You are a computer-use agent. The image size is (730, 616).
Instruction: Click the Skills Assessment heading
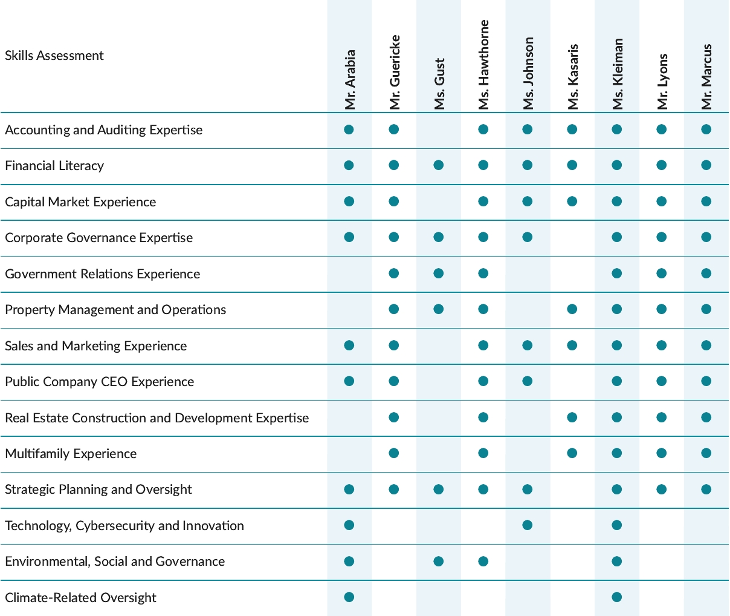click(x=54, y=56)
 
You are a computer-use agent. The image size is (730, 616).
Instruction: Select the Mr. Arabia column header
click(x=350, y=80)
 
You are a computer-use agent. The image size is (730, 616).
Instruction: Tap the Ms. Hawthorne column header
click(x=483, y=65)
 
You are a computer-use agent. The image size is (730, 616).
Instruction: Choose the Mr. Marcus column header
click(x=706, y=77)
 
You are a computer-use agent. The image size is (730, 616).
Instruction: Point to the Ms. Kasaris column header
click(x=573, y=77)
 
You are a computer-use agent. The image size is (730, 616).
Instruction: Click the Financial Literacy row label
click(x=54, y=166)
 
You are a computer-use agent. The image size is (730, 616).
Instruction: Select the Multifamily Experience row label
click(x=71, y=454)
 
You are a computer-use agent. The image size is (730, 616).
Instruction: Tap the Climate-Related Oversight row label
click(x=80, y=598)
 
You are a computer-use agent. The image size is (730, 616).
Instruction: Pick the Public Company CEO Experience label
click(x=100, y=382)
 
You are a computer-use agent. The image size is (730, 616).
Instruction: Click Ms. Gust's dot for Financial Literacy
click(x=439, y=165)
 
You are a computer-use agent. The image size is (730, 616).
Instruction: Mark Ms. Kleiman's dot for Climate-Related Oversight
click(x=616, y=597)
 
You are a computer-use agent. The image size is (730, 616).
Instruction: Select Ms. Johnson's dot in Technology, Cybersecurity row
click(x=528, y=525)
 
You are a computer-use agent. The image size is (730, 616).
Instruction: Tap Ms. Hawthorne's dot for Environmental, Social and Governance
click(x=483, y=562)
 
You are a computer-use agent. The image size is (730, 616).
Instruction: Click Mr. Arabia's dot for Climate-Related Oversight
click(x=349, y=597)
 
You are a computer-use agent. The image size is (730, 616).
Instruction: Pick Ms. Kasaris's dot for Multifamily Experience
click(x=572, y=453)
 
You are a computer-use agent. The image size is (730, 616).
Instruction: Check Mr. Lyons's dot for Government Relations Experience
click(x=662, y=274)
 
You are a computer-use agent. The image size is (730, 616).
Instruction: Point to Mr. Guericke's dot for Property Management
click(x=394, y=309)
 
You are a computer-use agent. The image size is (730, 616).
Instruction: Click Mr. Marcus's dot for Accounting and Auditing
click(x=706, y=129)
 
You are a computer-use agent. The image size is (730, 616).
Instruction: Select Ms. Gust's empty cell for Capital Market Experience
click(x=439, y=202)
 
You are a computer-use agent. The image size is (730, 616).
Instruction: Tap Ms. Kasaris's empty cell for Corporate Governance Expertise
click(x=572, y=237)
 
